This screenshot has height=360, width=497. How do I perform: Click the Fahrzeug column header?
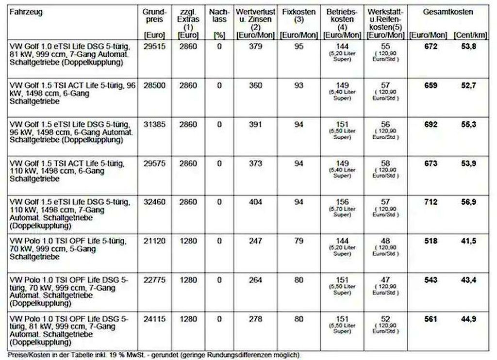(26, 12)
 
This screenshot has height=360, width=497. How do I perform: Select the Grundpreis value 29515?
(154, 47)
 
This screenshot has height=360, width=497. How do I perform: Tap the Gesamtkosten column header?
(447, 12)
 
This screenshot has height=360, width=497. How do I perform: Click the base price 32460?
(154, 202)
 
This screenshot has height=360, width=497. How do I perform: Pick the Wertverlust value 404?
(255, 202)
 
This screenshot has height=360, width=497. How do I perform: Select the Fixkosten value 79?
(299, 241)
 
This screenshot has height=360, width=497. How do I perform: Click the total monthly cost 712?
(430, 202)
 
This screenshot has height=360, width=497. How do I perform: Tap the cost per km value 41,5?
(468, 241)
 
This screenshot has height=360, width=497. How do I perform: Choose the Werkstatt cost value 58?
(385, 163)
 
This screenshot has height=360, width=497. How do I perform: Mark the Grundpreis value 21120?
(154, 241)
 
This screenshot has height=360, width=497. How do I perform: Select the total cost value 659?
(430, 85)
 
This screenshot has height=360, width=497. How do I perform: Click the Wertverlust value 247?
(255, 241)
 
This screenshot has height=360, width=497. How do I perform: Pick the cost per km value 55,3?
(468, 124)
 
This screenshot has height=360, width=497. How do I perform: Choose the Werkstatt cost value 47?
(385, 280)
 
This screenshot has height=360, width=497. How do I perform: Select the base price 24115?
(154, 319)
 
